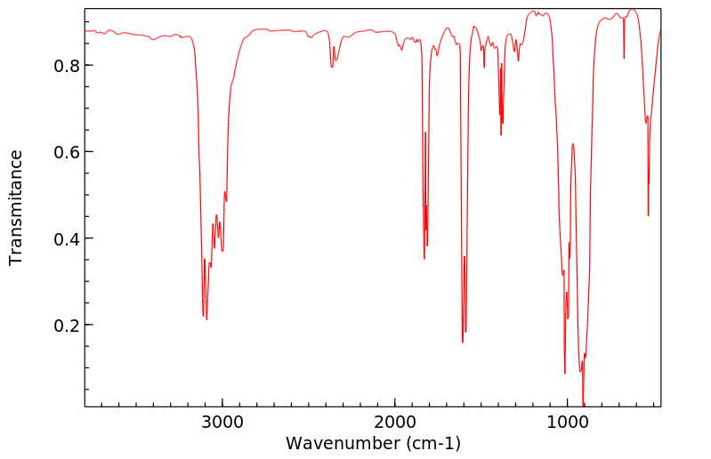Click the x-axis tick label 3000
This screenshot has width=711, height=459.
(x=222, y=422)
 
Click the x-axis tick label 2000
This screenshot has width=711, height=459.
(x=395, y=422)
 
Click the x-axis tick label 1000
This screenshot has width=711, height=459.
(x=567, y=422)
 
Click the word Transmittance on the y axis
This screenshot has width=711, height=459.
(x=16, y=207)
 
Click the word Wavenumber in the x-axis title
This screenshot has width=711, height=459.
(x=342, y=443)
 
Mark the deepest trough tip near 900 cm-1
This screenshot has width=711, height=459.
(x=583, y=405)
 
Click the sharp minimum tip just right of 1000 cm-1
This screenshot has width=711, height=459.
(x=565, y=374)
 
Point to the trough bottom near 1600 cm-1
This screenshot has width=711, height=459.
(x=463, y=342)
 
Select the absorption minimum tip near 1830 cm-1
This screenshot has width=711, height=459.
(x=424, y=259)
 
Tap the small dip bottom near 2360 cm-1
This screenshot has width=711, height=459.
(x=332, y=68)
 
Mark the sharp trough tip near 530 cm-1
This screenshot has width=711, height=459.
(x=648, y=215)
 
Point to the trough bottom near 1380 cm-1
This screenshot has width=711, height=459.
(x=501, y=134)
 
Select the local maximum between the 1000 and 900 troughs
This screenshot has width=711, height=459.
(x=573, y=143)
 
